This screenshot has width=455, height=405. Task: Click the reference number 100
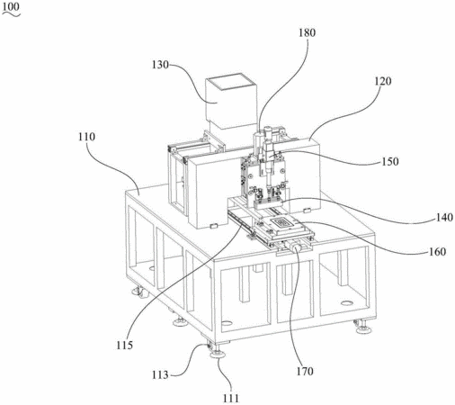11,6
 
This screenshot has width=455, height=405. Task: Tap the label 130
160,65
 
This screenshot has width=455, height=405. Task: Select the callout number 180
307,32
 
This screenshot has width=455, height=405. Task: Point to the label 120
383,81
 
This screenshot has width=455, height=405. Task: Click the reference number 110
86,137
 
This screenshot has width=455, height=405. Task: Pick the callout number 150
390,162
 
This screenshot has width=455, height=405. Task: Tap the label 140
444,217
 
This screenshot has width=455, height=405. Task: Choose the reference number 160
437,251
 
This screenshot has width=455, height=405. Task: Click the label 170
305,372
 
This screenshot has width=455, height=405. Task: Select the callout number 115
125,345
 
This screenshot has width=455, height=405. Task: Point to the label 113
160,374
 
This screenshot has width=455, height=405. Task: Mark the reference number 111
231,399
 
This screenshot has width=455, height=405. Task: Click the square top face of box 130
231,83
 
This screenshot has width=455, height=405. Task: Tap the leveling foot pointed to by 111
218,354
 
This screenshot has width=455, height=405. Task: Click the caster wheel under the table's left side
139,292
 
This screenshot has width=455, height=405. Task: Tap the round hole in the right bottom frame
346,303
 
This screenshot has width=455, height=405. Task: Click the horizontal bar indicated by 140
269,205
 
